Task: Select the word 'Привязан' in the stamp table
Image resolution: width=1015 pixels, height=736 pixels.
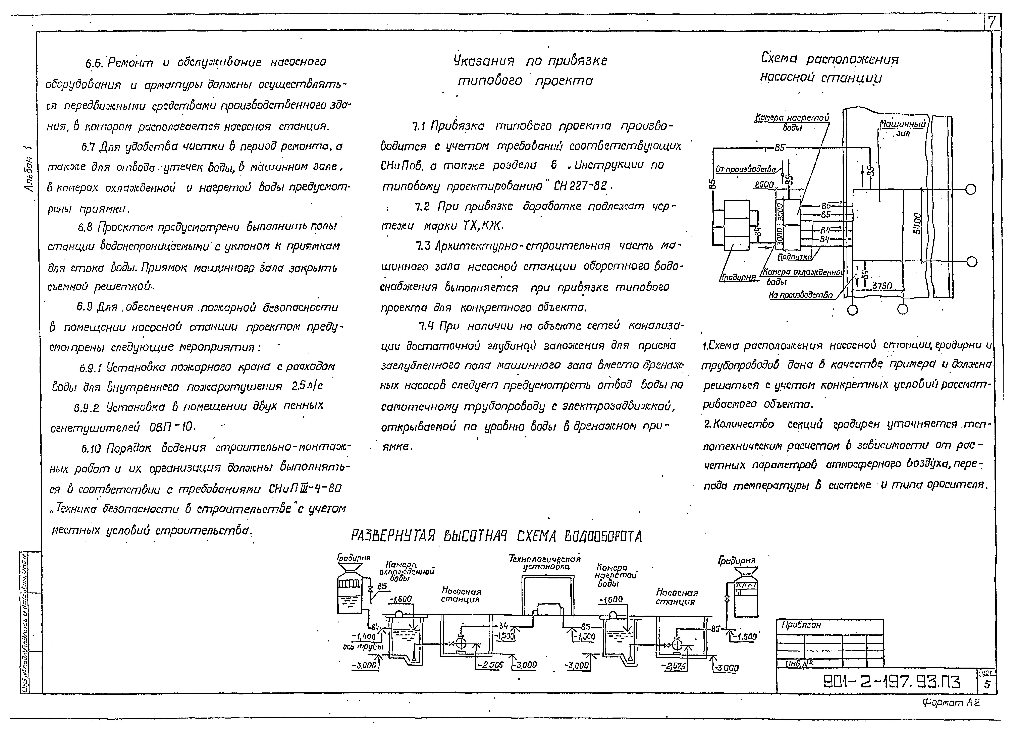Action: tap(801, 625)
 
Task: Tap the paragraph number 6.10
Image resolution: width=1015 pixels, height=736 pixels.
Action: tap(91, 449)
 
